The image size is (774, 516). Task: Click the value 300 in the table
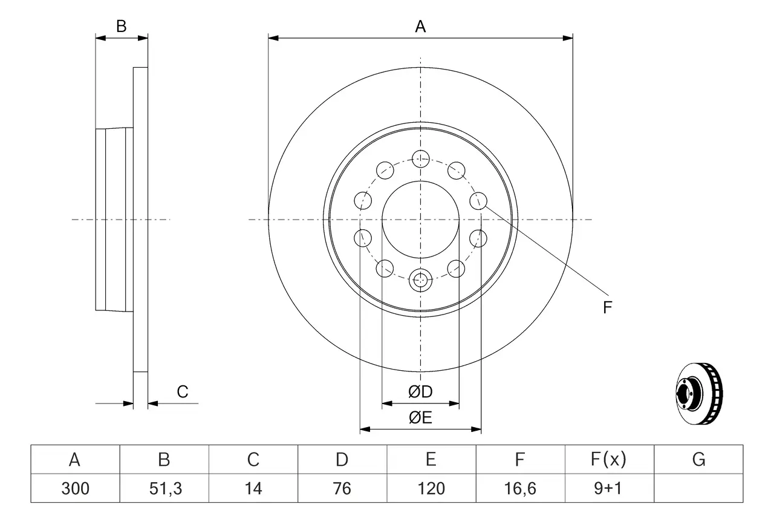tap(75, 488)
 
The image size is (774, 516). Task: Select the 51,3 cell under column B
tap(164, 488)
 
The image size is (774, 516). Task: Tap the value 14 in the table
tap(253, 488)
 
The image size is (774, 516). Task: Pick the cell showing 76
tap(342, 488)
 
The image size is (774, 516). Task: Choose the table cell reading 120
tap(431, 488)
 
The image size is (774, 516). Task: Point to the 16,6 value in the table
tap(520, 488)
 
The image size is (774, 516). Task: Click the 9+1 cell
tap(610, 488)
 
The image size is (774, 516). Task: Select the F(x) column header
tap(610, 460)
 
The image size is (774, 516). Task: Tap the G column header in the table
tap(699, 460)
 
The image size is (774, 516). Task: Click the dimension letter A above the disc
tap(420, 27)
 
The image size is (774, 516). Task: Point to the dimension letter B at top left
tap(122, 27)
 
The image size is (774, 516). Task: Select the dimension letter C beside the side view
tap(183, 392)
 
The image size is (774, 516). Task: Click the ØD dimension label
tap(420, 392)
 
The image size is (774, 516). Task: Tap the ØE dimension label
tap(420, 418)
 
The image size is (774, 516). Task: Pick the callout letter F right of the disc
tap(608, 308)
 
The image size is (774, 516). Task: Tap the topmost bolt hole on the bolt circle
tap(420, 159)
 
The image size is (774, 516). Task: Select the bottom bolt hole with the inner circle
tap(420, 279)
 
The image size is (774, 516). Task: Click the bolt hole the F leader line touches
tap(478, 200)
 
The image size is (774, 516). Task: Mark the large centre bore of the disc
tap(420, 219)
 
